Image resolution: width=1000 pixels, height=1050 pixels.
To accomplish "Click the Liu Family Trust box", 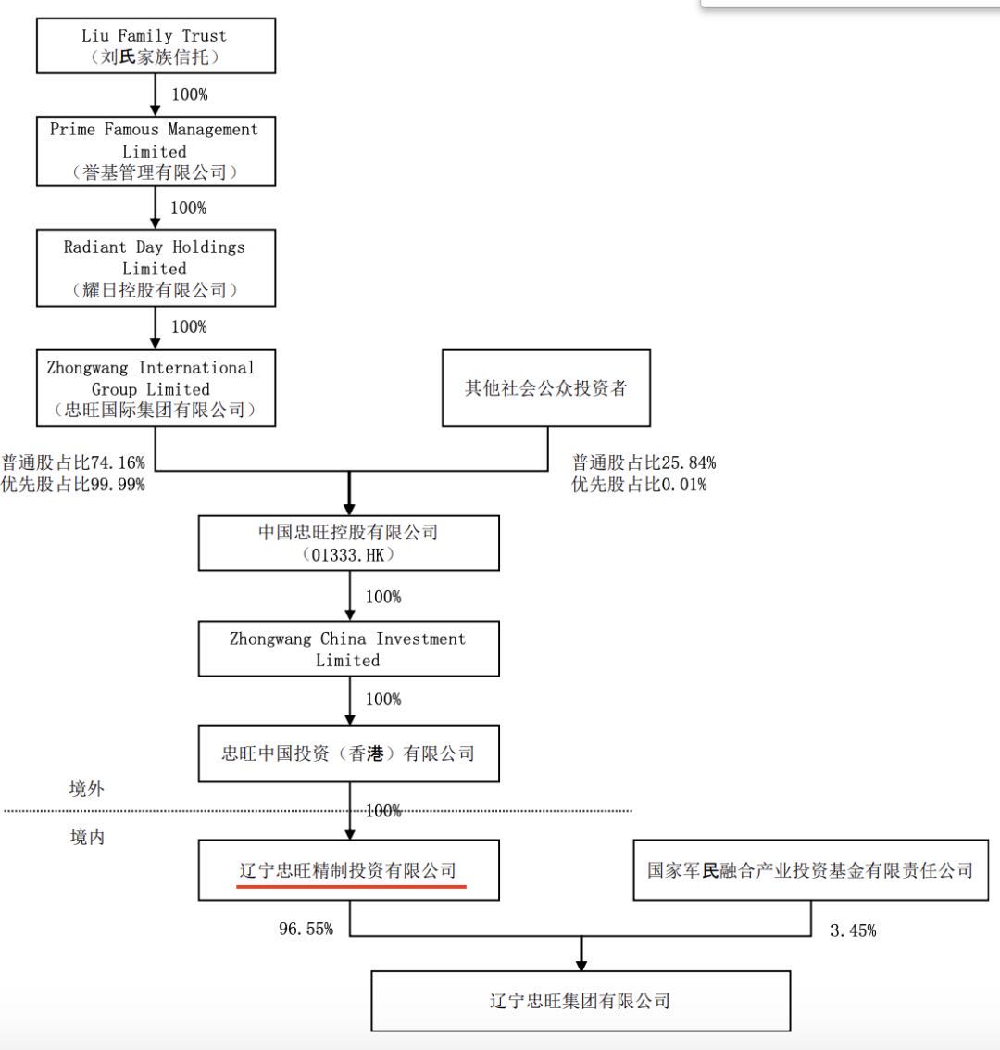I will tap(156, 46).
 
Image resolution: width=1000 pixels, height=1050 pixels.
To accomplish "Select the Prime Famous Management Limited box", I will tap(156, 150).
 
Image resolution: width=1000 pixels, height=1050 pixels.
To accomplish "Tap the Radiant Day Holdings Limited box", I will tap(156, 268).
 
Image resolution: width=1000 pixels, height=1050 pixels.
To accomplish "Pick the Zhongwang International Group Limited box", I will tap(156, 387).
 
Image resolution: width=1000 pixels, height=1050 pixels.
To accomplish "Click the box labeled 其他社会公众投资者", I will tap(546, 387).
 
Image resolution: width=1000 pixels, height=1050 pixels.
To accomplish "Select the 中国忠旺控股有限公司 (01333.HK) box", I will tap(348, 542).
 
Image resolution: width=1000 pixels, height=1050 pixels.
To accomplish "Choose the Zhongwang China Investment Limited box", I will tap(348, 649).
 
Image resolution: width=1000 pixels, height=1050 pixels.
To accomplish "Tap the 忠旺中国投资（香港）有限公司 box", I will tap(348, 753).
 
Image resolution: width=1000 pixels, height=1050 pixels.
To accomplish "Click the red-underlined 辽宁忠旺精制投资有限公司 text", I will tap(348, 871).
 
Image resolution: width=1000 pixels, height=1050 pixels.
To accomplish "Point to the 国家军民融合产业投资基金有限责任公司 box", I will tap(810, 870).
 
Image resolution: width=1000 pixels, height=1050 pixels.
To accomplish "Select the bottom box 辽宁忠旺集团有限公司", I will tap(581, 1001).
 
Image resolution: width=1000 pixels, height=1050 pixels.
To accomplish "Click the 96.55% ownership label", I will tap(306, 929).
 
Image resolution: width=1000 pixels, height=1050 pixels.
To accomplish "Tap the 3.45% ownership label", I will tap(853, 930).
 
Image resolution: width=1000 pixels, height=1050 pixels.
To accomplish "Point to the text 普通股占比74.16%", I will tap(73, 462).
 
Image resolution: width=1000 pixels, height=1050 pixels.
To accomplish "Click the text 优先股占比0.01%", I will tap(639, 484).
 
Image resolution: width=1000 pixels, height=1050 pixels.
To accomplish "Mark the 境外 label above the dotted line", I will tap(87, 789).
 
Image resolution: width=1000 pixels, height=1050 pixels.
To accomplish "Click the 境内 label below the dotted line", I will tap(87, 837).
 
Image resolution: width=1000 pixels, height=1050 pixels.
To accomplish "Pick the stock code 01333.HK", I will tap(348, 554).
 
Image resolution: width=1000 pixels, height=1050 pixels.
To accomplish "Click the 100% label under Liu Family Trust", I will tap(189, 95).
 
